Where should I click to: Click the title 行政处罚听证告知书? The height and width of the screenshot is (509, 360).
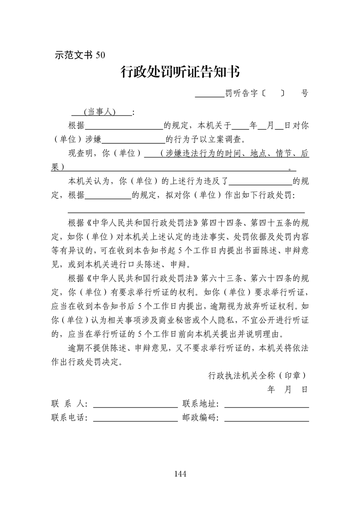click(180, 72)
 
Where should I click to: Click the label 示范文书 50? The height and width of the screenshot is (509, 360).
click(79, 55)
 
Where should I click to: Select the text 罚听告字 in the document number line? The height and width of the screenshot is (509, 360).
click(243, 93)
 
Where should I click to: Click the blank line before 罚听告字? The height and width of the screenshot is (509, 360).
click(210, 95)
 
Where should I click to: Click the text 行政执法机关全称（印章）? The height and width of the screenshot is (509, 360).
click(257, 376)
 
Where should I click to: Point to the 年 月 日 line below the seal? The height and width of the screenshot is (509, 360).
click(288, 390)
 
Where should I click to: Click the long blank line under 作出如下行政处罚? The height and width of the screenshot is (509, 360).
click(186, 212)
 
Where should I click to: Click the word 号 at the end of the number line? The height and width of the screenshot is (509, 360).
click(305, 93)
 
